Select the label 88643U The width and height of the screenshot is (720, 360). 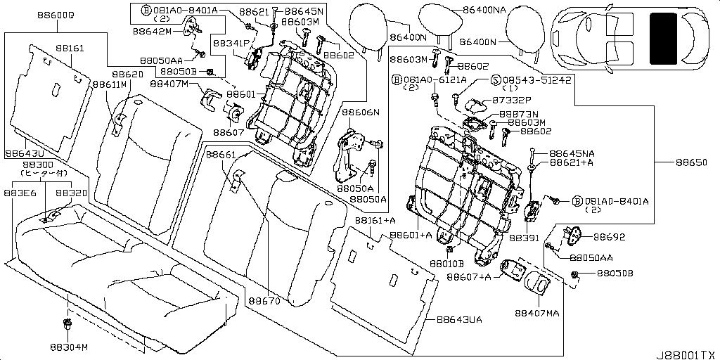coord(25,152)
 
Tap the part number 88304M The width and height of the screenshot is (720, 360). coord(69,347)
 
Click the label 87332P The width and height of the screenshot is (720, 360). coord(512,101)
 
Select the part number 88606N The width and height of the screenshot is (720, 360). coord(361,112)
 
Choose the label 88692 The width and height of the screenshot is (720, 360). coord(609,237)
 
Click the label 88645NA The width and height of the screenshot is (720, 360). coord(572,153)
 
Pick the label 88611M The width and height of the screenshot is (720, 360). coord(108,84)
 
